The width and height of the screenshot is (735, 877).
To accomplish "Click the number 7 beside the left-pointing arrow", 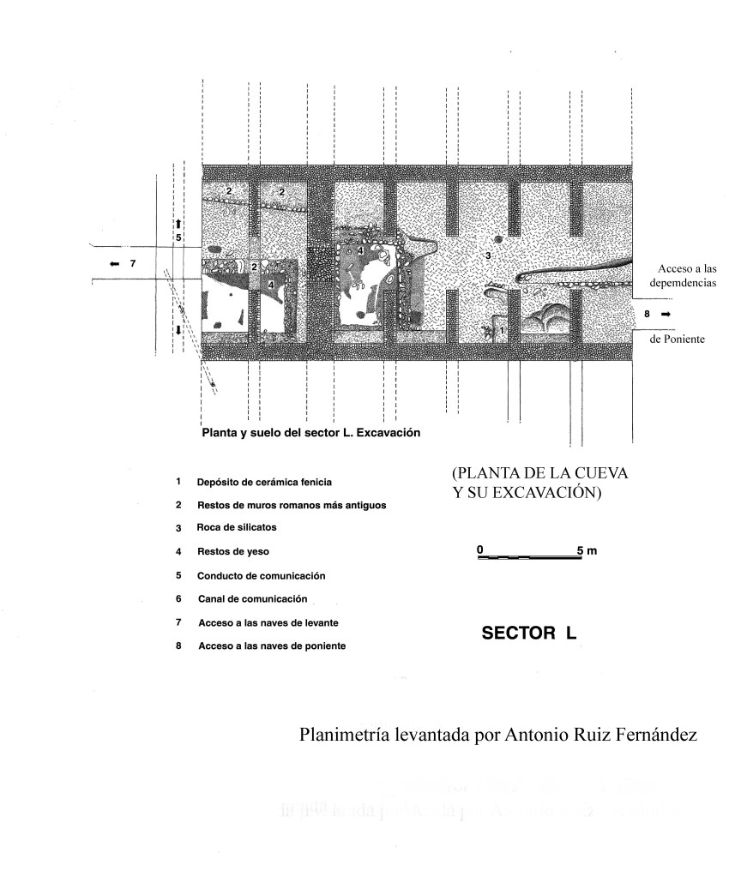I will (x=132, y=264).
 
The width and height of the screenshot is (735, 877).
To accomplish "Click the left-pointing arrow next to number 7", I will (x=114, y=264).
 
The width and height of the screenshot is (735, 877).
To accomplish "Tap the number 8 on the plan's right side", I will (x=647, y=315).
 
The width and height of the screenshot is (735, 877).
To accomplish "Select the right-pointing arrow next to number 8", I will (x=665, y=315).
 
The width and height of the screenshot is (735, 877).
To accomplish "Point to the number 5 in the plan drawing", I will (x=178, y=237).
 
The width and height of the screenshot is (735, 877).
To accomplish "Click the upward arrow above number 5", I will (x=178, y=223).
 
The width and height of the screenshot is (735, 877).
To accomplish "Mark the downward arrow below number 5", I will (x=178, y=331).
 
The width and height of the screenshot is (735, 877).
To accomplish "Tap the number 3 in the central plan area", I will (x=487, y=255).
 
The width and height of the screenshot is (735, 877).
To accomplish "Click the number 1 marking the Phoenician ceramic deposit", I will (x=503, y=328).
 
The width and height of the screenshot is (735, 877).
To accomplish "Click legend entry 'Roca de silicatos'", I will (x=238, y=529).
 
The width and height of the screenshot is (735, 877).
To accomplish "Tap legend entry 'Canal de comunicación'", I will (x=251, y=598).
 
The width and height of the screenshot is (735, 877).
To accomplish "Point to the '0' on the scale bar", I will (x=480, y=549).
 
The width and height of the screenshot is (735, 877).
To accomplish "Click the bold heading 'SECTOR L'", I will (x=529, y=634).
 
